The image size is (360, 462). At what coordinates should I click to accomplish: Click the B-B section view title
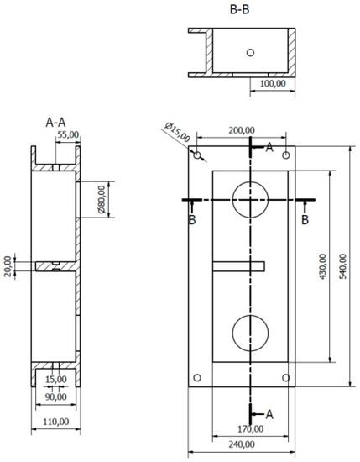(239, 9)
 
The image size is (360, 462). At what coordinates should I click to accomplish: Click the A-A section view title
(55, 123)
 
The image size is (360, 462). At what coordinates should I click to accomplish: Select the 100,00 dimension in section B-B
(273, 83)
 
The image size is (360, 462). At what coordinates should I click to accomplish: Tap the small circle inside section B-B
(251, 53)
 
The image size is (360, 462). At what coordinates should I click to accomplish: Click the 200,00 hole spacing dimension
(242, 130)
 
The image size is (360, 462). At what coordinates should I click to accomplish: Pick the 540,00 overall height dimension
(343, 266)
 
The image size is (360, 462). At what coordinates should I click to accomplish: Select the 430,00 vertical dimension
(323, 266)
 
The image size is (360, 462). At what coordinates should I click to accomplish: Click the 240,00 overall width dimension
(242, 444)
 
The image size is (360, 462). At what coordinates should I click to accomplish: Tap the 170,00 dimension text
(251, 429)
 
